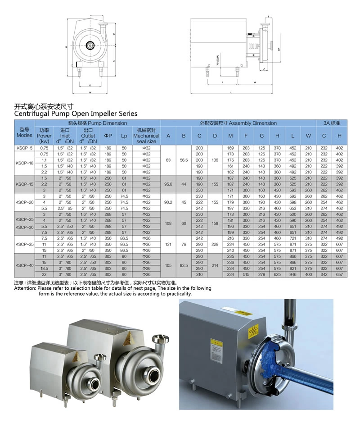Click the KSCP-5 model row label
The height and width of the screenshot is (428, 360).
pyautogui.click(x=24, y=148)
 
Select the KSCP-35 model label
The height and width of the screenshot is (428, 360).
pyautogui.click(x=24, y=244)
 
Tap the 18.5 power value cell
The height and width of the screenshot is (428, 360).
pyautogui.click(x=44, y=268)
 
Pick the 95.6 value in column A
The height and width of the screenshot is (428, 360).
pyautogui.click(x=168, y=184)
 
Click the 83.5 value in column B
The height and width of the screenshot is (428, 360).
pyautogui.click(x=184, y=265)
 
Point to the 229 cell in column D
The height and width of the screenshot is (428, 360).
pyautogui.click(x=215, y=244)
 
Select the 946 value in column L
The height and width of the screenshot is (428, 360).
pyautogui.click(x=293, y=274)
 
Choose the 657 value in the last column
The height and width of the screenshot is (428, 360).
pyautogui.click(x=340, y=274)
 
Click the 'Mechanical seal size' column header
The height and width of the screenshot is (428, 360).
pyautogui.click(x=146, y=136)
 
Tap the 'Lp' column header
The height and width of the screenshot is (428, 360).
pyautogui.click(x=124, y=136)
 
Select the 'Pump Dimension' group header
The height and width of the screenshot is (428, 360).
pyautogui.click(x=97, y=123)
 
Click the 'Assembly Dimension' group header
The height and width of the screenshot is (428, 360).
pyautogui.click(x=238, y=123)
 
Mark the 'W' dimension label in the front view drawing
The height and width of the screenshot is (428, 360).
pyautogui.click(x=90, y=92)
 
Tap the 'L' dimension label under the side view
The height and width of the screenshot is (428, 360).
pyautogui.click(x=231, y=92)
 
